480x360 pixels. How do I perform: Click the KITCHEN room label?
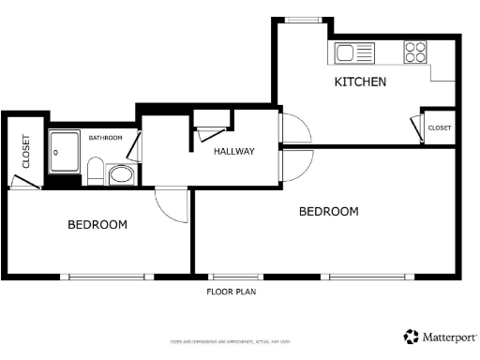coord(361,82)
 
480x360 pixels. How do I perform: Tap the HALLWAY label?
coord(233,151)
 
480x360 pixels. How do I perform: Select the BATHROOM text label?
coord(105,138)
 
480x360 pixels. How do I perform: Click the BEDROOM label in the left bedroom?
coord(97,225)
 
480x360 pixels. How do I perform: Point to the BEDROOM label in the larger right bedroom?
coord(328,212)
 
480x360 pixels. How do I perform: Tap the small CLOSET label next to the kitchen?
coord(440,127)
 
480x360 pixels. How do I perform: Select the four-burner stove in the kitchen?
coord(415,52)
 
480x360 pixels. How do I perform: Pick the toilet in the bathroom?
coord(95,171)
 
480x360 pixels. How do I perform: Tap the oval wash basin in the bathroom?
coord(121,174)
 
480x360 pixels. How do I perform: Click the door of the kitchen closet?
coord(415,127)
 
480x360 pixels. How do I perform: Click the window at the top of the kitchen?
coord(303,19)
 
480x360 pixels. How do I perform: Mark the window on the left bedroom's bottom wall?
coord(107,277)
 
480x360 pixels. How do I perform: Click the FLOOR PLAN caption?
coord(231,292)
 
